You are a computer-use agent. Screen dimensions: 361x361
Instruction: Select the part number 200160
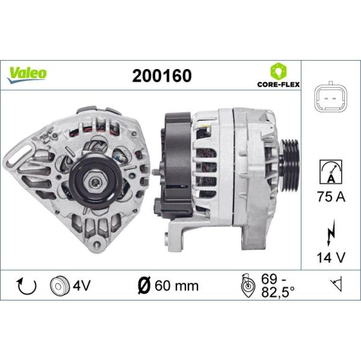(x=162, y=75)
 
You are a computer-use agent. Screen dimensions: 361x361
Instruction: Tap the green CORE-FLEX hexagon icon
(x=278, y=71)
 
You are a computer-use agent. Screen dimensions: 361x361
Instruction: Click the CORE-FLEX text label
(x=278, y=84)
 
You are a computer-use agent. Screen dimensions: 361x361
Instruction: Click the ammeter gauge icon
(x=331, y=172)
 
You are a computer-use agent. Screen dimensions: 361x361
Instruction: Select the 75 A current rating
(x=331, y=197)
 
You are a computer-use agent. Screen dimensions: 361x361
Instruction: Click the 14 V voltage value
(x=331, y=257)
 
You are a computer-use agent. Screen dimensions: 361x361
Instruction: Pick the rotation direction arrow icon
(x=27, y=286)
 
